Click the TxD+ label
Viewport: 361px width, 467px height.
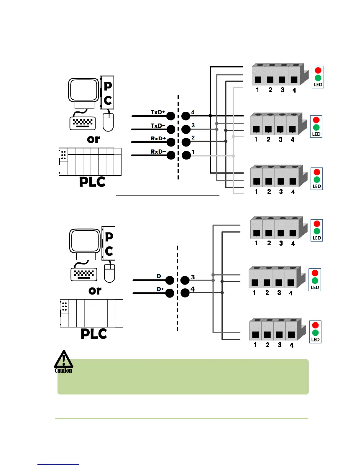tap(158, 112)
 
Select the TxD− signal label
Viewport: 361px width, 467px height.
tap(158, 126)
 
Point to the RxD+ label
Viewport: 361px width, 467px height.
tap(158, 139)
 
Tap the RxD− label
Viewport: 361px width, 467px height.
tap(158, 152)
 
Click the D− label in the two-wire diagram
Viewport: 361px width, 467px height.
tap(160, 276)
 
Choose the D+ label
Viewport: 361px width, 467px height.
tap(160, 289)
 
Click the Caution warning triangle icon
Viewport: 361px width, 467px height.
tap(63, 360)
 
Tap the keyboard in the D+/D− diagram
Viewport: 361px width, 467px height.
tap(84, 274)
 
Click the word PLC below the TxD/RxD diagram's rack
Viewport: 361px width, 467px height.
tap(92, 182)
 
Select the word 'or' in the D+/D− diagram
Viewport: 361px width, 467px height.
tap(95, 291)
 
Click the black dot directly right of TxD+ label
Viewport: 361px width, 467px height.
tap(171, 116)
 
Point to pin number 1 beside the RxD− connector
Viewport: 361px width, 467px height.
tap(193, 152)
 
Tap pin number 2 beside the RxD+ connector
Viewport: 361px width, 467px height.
tap(193, 138)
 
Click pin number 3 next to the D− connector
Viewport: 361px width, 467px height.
tap(193, 277)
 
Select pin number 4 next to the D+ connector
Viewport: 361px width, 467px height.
tap(193, 289)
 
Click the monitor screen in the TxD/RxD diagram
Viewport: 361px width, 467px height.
tap(83, 90)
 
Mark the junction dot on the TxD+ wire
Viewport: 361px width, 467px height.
tap(210, 116)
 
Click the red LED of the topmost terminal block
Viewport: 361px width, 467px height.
tap(318, 70)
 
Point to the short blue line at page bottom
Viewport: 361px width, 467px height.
tap(58, 464)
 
